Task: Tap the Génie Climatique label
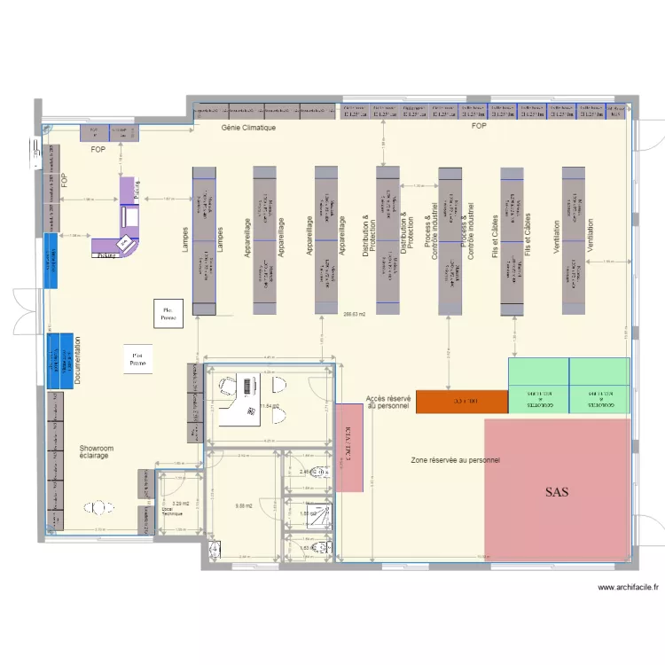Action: click(248, 129)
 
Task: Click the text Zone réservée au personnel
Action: click(455, 461)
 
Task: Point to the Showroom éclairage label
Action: click(96, 452)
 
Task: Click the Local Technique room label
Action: click(169, 512)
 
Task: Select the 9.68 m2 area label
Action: click(244, 506)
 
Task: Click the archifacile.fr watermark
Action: click(629, 588)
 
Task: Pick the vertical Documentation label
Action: click(78, 361)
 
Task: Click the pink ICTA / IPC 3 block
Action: click(348, 447)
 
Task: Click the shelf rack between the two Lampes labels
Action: click(204, 239)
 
